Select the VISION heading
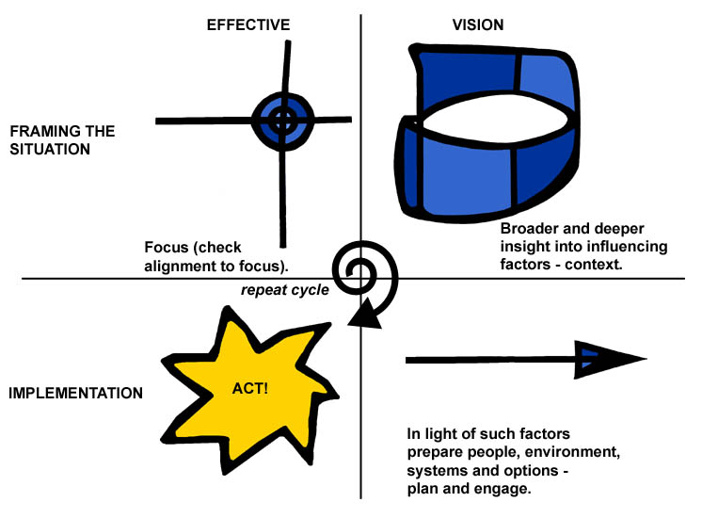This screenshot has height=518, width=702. (479, 24)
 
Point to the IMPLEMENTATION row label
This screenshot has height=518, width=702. (75, 393)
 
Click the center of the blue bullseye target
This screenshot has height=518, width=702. (281, 120)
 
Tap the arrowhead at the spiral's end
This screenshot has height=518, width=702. (366, 314)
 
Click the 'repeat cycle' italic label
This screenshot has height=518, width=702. (284, 290)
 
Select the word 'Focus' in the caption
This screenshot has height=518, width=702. (168, 247)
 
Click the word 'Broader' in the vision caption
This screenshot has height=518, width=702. (530, 229)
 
